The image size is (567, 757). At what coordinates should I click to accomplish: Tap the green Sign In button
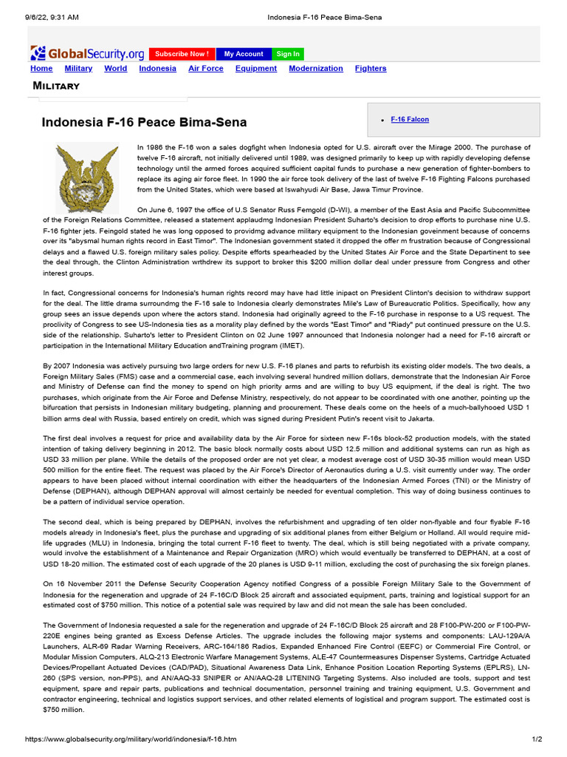click(x=287, y=54)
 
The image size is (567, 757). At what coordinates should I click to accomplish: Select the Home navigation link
click(x=41, y=69)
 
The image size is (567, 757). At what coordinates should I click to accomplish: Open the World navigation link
click(x=115, y=69)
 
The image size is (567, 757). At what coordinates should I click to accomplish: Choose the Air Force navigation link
click(x=205, y=69)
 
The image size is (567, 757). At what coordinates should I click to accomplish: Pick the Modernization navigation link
click(x=315, y=69)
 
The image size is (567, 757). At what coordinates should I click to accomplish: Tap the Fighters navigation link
click(x=370, y=69)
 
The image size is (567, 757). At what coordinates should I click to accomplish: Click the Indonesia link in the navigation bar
click(x=157, y=69)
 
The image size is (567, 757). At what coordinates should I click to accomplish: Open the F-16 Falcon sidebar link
click(x=409, y=120)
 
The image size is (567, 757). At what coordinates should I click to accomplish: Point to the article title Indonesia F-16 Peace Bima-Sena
click(x=144, y=122)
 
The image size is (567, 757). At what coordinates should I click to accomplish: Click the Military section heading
click(x=56, y=86)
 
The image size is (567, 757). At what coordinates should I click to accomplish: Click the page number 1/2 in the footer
click(x=537, y=739)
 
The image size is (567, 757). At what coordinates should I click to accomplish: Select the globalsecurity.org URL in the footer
click(x=131, y=739)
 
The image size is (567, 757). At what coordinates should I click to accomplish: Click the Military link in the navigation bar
click(x=78, y=69)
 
